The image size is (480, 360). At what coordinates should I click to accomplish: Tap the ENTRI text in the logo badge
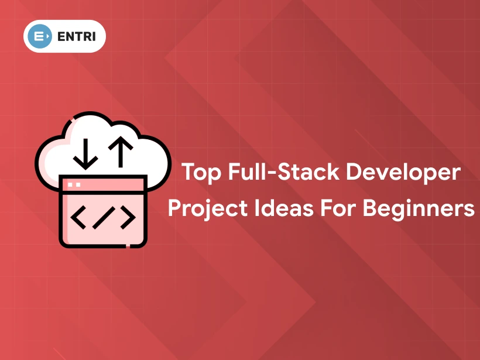coord(73,36)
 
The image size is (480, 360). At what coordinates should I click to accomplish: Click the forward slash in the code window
coord(103,217)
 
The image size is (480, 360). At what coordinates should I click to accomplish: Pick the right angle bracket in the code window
coord(128,217)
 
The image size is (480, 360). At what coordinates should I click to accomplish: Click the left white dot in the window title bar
coord(70,185)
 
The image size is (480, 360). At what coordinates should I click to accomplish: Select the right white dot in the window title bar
coord(77,185)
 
